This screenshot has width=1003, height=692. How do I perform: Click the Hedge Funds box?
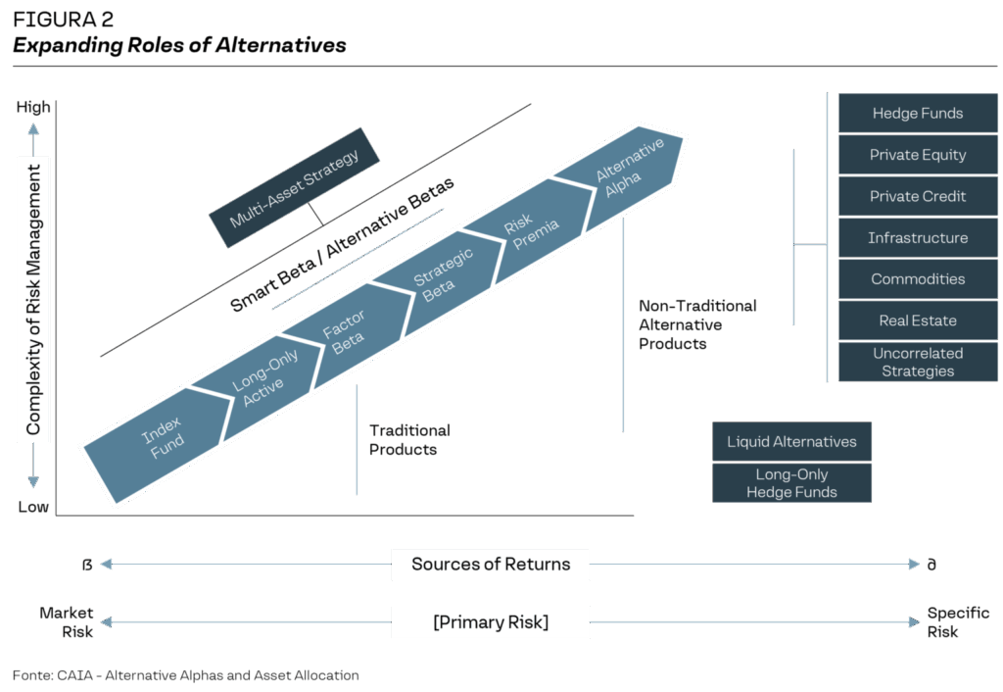tap(917, 114)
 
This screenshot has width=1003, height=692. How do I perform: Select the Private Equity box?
tap(917, 155)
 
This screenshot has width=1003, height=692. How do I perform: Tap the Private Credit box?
tap(917, 196)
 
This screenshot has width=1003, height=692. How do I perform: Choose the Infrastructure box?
tap(917, 238)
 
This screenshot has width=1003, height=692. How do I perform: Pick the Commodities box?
tap(917, 279)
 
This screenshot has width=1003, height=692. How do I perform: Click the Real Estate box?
tap(917, 321)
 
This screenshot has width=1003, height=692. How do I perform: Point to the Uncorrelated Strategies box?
tap(917, 362)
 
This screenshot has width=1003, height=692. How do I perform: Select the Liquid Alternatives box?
tap(791, 442)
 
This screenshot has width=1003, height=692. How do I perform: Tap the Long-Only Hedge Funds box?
tap(791, 483)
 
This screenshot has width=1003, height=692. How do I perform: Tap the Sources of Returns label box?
tap(491, 564)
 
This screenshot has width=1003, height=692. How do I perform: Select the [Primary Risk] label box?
tap(491, 622)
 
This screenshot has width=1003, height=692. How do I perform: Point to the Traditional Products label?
tap(409, 440)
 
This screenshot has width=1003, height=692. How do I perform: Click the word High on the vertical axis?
tap(33, 108)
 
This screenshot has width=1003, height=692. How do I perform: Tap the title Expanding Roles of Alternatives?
tap(179, 45)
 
